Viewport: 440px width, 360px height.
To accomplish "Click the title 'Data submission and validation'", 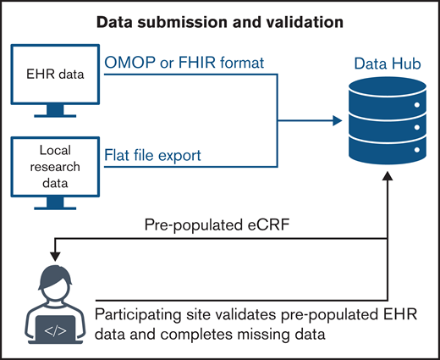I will pos(219,19).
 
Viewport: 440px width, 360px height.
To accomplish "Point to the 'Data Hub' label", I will pos(382,63).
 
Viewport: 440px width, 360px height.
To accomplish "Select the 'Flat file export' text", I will pos(153,154).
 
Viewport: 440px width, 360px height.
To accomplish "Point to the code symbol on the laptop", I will pos(52,325).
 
